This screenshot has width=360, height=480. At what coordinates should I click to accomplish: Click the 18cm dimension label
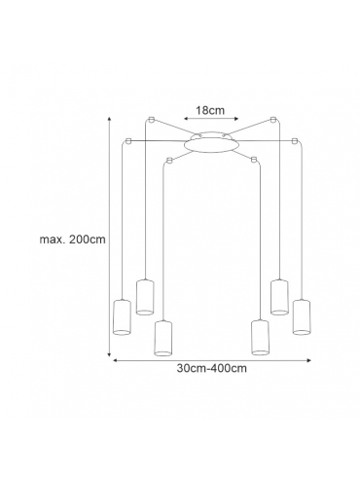(210, 110)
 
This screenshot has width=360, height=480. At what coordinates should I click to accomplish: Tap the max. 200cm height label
(72, 240)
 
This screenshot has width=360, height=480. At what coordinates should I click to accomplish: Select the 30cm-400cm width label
(211, 368)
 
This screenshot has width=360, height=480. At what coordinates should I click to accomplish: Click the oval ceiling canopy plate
(211, 144)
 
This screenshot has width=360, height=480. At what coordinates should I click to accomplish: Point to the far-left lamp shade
(122, 317)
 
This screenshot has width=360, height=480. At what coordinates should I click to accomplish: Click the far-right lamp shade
(302, 316)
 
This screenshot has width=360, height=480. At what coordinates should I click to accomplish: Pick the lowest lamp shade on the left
(163, 338)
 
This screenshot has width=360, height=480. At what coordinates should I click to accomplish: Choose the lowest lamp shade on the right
(260, 338)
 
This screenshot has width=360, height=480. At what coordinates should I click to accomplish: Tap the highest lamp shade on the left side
(145, 297)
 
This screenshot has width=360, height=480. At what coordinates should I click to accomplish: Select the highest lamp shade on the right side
(279, 297)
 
